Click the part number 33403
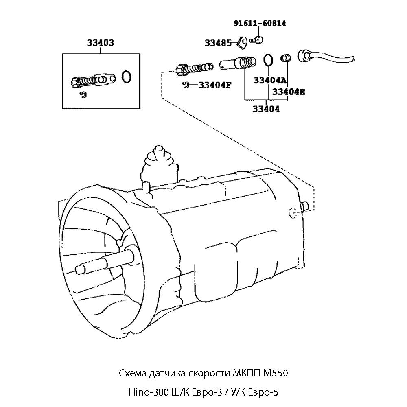[x=100, y=43]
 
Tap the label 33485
[x=218, y=43]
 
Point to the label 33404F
[x=215, y=85]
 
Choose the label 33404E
[x=288, y=92]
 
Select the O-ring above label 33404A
[x=268, y=60]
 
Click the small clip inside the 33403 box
[x=83, y=95]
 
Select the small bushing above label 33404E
[x=286, y=59]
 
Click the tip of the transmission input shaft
[x=78, y=269]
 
